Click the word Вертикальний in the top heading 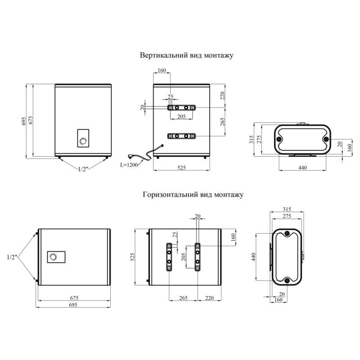[x=164, y=55]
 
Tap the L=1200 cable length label [x=129, y=165]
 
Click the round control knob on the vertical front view [x=83, y=141]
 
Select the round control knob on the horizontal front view [x=53, y=256]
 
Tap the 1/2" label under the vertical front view [x=83, y=169]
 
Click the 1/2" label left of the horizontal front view [x=12, y=257]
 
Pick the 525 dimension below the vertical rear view [x=181, y=167]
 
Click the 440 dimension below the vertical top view [x=302, y=167]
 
